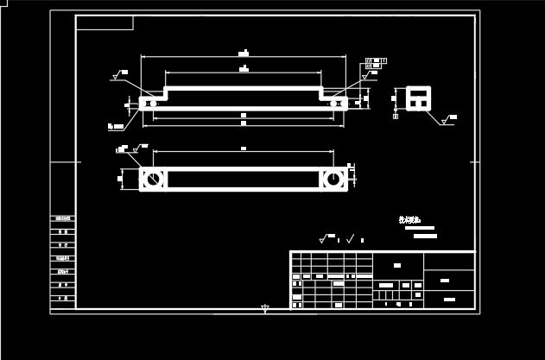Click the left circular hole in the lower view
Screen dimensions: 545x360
152,180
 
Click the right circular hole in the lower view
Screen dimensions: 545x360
333,180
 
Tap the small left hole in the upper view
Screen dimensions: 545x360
152,104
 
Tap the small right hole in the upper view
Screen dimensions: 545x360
333,104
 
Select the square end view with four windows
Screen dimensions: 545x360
419,98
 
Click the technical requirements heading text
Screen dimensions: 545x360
408,220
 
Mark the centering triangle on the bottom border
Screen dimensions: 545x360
265,307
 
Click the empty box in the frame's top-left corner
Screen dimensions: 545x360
105,22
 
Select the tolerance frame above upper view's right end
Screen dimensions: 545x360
373,63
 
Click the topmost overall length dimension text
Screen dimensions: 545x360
244,54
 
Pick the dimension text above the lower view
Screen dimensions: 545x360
244,148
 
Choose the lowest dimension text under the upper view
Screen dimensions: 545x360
244,123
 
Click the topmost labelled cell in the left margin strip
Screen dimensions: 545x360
62,218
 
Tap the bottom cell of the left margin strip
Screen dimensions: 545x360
62,298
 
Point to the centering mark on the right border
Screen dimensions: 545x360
474,161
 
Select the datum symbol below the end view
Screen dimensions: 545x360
396,115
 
